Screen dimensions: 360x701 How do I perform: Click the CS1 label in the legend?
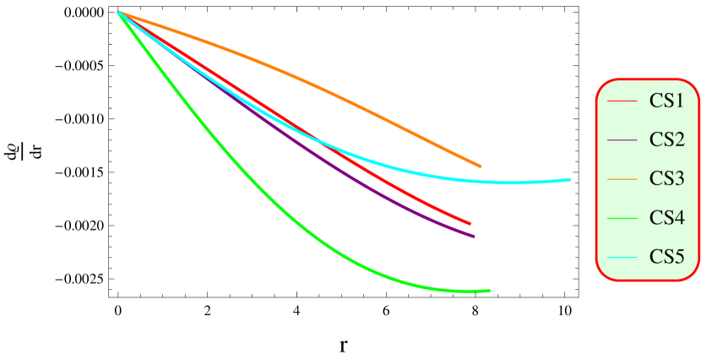pyautogui.click(x=666, y=101)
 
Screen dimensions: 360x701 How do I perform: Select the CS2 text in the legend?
pyautogui.click(x=666, y=139)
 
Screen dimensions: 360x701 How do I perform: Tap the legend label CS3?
pyautogui.click(x=666, y=178)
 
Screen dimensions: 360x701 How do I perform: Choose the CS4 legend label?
pyautogui.click(x=666, y=217)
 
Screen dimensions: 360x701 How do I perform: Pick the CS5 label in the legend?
pyautogui.click(x=666, y=256)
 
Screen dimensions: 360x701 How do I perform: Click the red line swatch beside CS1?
pyautogui.click(x=622, y=101)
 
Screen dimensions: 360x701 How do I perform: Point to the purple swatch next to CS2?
pyautogui.click(x=622, y=140)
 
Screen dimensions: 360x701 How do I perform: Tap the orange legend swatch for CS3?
pyautogui.click(x=622, y=179)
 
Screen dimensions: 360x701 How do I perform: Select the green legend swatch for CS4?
pyautogui.click(x=622, y=218)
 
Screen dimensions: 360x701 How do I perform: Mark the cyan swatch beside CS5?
pyautogui.click(x=622, y=257)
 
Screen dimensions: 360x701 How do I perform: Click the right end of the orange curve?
pyautogui.click(x=481, y=166)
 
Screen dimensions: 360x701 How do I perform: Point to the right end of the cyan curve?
pyautogui.click(x=570, y=179)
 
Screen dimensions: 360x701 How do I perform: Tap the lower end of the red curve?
pyautogui.click(x=470, y=224)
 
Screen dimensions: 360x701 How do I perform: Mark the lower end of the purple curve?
pyautogui.click(x=475, y=237)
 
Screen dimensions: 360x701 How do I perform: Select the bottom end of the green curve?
pyautogui.click(x=489, y=291)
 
